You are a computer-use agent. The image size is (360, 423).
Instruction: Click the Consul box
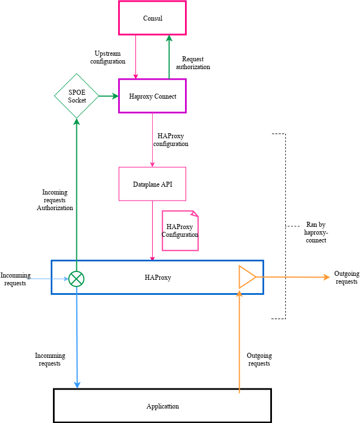(152, 18)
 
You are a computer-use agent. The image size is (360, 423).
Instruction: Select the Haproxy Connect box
(152, 96)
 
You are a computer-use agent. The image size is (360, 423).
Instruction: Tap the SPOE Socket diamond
(77, 96)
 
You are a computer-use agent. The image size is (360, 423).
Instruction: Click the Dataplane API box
(152, 184)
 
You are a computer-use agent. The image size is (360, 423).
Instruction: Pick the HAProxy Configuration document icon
(180, 231)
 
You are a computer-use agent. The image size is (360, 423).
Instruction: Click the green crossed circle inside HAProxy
(76, 278)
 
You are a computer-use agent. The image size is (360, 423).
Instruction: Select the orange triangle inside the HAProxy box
(247, 277)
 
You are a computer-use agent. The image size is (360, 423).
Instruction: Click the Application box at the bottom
(162, 406)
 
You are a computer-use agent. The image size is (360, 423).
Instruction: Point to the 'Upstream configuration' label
(108, 57)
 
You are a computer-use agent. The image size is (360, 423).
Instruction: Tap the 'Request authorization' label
(193, 63)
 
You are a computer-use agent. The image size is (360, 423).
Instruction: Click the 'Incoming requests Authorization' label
(55, 200)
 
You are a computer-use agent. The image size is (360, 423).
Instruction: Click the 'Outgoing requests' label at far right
(346, 278)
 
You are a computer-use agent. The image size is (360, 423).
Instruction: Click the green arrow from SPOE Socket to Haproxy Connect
(109, 96)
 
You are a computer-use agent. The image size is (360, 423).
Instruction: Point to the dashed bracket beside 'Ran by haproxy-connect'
(285, 226)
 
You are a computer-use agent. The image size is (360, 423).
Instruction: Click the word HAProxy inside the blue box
(158, 277)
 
